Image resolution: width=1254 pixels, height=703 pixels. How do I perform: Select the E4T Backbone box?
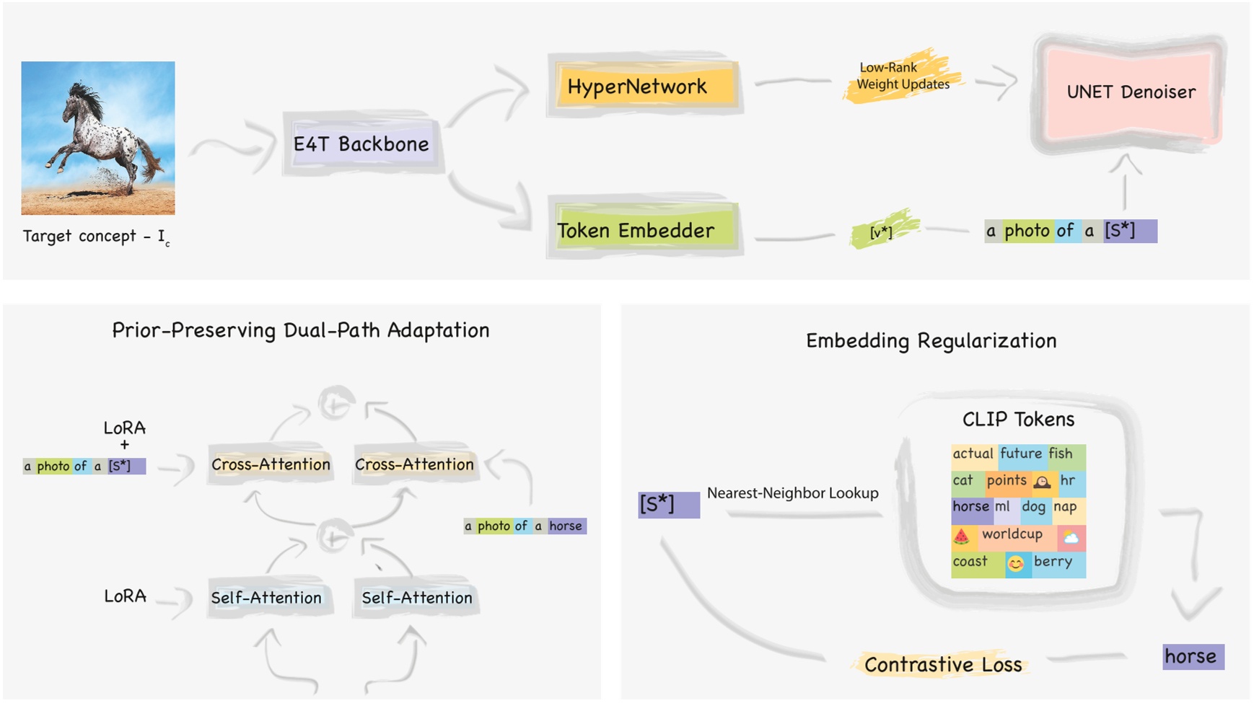[361, 143]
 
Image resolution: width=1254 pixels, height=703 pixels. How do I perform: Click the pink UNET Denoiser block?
[1130, 92]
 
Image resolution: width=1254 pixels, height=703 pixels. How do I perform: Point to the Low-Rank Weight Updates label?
[903, 76]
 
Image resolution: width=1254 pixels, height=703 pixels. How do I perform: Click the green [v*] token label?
[881, 232]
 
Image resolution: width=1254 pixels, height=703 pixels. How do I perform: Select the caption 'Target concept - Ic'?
[96, 236]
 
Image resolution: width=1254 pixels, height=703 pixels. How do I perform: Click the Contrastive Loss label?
[942, 664]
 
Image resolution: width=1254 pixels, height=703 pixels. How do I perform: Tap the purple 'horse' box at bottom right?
[1192, 656]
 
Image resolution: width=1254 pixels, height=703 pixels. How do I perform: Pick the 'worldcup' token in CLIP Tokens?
[1012, 534]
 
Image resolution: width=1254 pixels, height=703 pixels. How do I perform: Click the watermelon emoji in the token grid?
[961, 536]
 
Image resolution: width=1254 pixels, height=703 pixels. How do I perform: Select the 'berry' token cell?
[1053, 562]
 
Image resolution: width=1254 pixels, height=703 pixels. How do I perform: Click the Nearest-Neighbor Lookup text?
[792, 493]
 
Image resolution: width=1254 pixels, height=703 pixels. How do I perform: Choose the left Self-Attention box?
[266, 598]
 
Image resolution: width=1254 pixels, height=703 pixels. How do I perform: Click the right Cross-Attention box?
[414, 464]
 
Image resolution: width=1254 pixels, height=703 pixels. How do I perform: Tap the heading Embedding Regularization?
[931, 340]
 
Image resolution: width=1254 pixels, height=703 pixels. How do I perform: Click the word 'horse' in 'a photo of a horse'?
[566, 526]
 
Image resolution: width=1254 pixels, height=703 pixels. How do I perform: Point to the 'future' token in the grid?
[1020, 454]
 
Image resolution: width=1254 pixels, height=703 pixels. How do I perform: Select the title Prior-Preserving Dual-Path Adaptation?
[300, 330]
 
